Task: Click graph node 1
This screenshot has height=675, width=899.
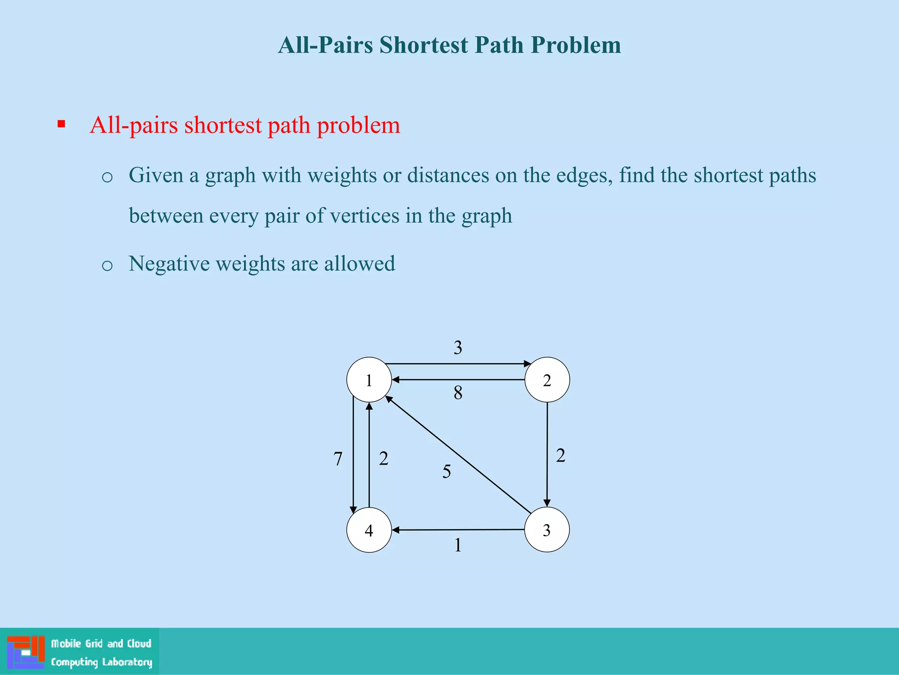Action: (369, 380)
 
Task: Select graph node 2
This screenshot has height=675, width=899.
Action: (547, 380)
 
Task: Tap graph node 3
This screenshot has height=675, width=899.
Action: (547, 530)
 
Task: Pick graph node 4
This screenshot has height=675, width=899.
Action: (369, 530)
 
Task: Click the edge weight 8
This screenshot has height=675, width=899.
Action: (458, 393)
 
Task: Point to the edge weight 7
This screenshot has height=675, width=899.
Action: (338, 459)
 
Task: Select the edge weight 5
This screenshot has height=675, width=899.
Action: (446, 472)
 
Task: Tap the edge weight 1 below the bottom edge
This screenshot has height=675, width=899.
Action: (458, 545)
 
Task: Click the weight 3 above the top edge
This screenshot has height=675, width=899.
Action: (458, 348)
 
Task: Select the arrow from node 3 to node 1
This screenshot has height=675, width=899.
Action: (458, 455)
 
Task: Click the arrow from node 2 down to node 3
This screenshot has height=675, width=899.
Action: (547, 454)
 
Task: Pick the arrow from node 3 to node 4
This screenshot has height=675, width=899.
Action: (458, 530)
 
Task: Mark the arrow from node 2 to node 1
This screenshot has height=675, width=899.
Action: (458, 380)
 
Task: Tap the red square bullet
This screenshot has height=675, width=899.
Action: (61, 124)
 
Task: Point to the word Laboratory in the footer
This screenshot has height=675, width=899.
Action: (127, 662)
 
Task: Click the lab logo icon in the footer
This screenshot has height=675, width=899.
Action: (26, 652)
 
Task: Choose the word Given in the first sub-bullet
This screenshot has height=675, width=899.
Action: (156, 175)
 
